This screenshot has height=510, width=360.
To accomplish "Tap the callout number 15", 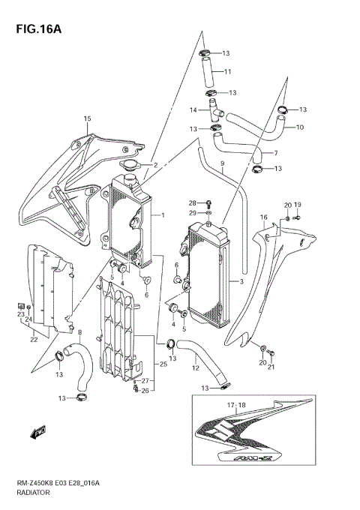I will pyautogui.click(x=87, y=119).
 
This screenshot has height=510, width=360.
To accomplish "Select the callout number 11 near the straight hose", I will pyautogui.click(x=227, y=72).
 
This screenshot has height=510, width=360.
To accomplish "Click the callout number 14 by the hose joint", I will pyautogui.click(x=193, y=110).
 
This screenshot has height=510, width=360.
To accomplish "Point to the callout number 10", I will pyautogui.click(x=299, y=127).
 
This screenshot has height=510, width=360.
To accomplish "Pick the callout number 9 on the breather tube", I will pyautogui.click(x=222, y=163).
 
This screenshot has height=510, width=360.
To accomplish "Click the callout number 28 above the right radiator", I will pyautogui.click(x=191, y=203).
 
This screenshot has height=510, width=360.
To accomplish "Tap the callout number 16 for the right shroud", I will pyautogui.click(x=263, y=217).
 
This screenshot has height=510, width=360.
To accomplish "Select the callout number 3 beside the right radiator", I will pyautogui.click(x=241, y=282).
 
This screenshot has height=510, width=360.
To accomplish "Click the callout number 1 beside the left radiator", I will pyautogui.click(x=162, y=215).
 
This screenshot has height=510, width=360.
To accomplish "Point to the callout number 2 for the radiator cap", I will pyautogui.click(x=154, y=165).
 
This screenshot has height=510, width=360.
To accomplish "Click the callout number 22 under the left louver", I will pyautogui.click(x=34, y=340).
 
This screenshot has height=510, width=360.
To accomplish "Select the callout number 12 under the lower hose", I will pyautogui.click(x=194, y=368).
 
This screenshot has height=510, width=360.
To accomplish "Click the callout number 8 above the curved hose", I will pyautogui.click(x=80, y=332).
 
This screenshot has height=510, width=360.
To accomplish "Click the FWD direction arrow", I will pyautogui.click(x=37, y=432).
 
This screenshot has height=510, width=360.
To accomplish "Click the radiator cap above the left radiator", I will pyautogui.click(x=130, y=166).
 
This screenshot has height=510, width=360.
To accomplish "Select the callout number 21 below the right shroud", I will pyautogui.click(x=271, y=366).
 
